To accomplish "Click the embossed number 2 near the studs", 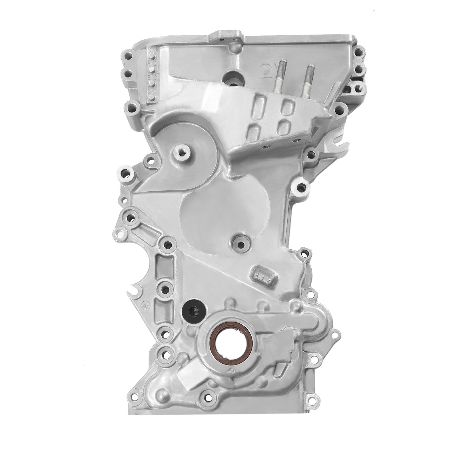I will click(264, 69).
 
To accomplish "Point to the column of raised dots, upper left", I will click(152, 76).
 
